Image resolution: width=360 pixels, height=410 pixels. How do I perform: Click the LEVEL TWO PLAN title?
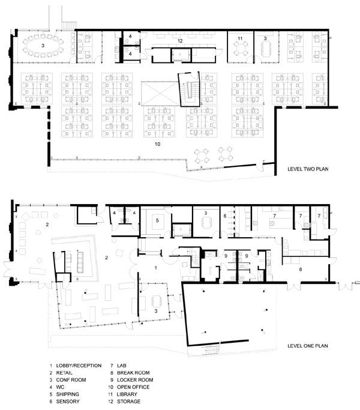coord(308,169)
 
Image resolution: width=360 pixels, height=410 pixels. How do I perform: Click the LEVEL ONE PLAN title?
coord(307,346)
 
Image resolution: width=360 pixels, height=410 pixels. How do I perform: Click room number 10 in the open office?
coord(157,144)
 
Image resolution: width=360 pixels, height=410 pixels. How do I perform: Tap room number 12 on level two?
coord(180,41)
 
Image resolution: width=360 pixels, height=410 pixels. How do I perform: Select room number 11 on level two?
coord(240,38)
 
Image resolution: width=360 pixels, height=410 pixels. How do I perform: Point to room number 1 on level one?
coord(156,268)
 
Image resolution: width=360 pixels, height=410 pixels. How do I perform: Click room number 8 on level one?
coord(301,269)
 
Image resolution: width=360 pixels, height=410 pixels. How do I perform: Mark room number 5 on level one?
coord(157,220)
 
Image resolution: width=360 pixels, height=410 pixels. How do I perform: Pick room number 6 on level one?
coord(225,216)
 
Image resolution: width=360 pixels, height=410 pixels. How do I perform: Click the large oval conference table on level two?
coord(43,46)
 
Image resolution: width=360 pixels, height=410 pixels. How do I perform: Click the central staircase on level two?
coord(189,89)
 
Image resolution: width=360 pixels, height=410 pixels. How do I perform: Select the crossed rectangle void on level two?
coord(160,94)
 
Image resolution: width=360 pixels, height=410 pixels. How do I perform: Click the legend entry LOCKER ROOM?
coord(135,379)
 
